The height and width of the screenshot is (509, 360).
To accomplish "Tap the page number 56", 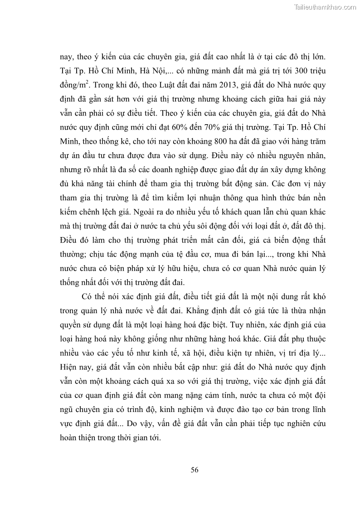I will point(194,470).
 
